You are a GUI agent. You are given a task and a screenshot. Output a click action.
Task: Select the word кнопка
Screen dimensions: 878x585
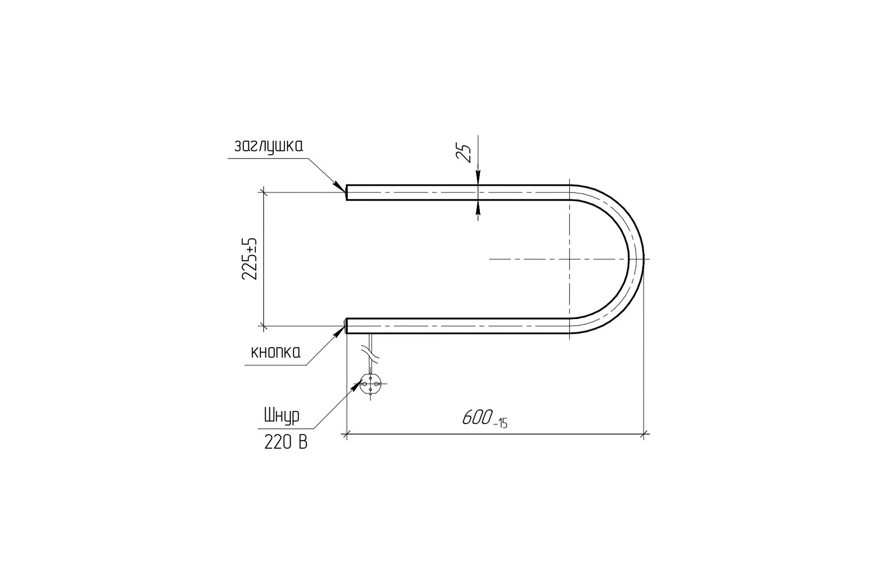click(275, 352)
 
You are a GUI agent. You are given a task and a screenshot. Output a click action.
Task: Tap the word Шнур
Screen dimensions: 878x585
click(282, 416)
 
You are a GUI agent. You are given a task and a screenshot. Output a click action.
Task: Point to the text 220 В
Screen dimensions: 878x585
click(286, 442)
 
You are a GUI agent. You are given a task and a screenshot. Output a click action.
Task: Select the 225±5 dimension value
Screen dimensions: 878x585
click(249, 258)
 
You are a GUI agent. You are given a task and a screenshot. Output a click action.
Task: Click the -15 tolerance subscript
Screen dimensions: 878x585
click(500, 423)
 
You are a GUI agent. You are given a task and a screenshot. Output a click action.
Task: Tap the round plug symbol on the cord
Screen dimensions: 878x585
click(370, 384)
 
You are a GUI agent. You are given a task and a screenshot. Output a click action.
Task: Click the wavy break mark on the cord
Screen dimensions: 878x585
click(370, 353)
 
